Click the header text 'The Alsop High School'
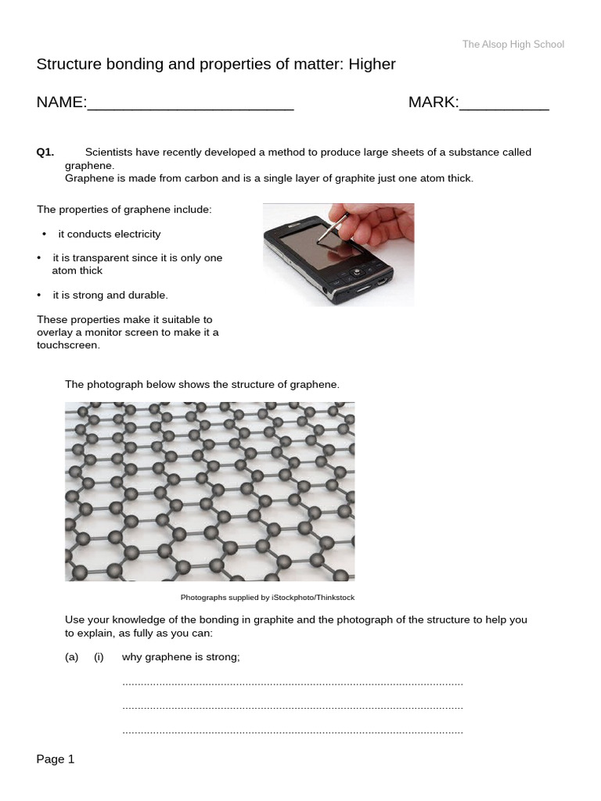click(513, 45)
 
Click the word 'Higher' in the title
click(372, 65)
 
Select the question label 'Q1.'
click(45, 153)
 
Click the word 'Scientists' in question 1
click(110, 153)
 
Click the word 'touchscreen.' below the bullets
click(69, 345)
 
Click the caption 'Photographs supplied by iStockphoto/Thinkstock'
click(268, 598)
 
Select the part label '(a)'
click(72, 658)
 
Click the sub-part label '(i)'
click(99, 658)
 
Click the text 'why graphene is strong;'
click(181, 658)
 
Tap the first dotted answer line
click(293, 684)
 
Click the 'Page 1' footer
click(56, 759)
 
